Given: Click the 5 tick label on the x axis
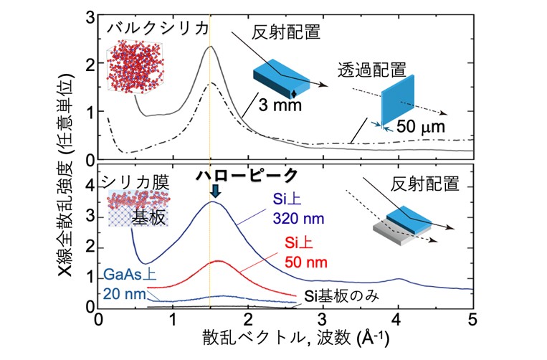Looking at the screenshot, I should tap(472, 320).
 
